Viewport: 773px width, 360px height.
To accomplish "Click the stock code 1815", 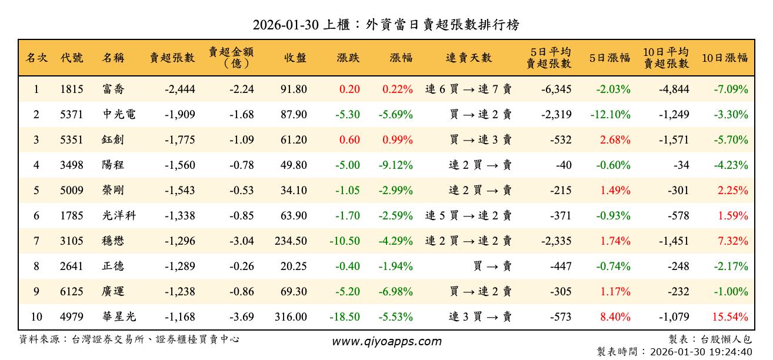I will click(x=72, y=89).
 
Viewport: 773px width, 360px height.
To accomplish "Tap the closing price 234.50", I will click(x=291, y=241).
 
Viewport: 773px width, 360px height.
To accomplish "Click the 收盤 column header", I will click(x=295, y=58).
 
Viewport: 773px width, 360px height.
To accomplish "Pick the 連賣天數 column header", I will click(x=468, y=58).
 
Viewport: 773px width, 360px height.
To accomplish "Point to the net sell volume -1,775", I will click(x=173, y=140).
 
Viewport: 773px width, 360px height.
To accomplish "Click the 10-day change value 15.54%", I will click(x=729, y=317).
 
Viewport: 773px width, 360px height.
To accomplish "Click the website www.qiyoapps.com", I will click(x=386, y=342).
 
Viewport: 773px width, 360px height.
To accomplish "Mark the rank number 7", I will click(x=36, y=241).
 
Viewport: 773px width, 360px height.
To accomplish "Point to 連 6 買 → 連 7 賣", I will click(x=468, y=89).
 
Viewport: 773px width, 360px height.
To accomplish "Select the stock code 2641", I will click(x=72, y=266).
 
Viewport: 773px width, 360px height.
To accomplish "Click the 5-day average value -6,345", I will click(x=555, y=89).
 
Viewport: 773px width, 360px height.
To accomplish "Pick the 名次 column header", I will click(x=36, y=58).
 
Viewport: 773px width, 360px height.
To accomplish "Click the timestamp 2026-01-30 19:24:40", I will click(x=699, y=352).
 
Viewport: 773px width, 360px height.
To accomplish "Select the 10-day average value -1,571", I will click(x=673, y=140).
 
